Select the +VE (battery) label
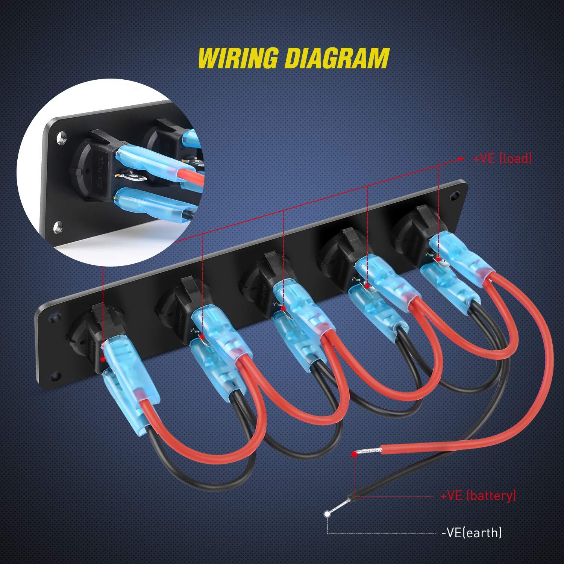[x=478, y=496]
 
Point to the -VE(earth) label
[x=472, y=532]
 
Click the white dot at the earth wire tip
[x=327, y=513]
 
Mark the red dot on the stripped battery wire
[x=354, y=454]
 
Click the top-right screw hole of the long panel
[x=456, y=196]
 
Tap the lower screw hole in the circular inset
[x=58, y=226]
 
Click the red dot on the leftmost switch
[x=102, y=360]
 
